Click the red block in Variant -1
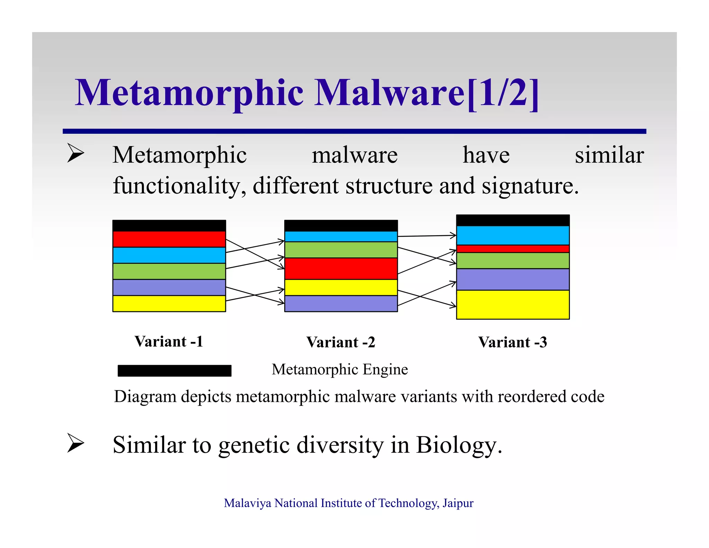(x=169, y=239)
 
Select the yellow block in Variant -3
(x=513, y=304)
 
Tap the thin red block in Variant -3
(x=513, y=249)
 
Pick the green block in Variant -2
(x=341, y=250)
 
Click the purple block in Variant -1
(x=169, y=287)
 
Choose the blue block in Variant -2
(x=341, y=237)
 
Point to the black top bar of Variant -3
(x=513, y=220)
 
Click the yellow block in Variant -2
(x=341, y=287)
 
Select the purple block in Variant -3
(x=513, y=279)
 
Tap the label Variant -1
(x=169, y=342)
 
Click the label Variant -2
(x=341, y=342)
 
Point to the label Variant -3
(x=513, y=342)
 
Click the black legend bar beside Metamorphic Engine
(x=174, y=370)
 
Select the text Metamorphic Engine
(x=340, y=369)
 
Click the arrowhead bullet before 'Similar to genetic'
(x=75, y=443)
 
